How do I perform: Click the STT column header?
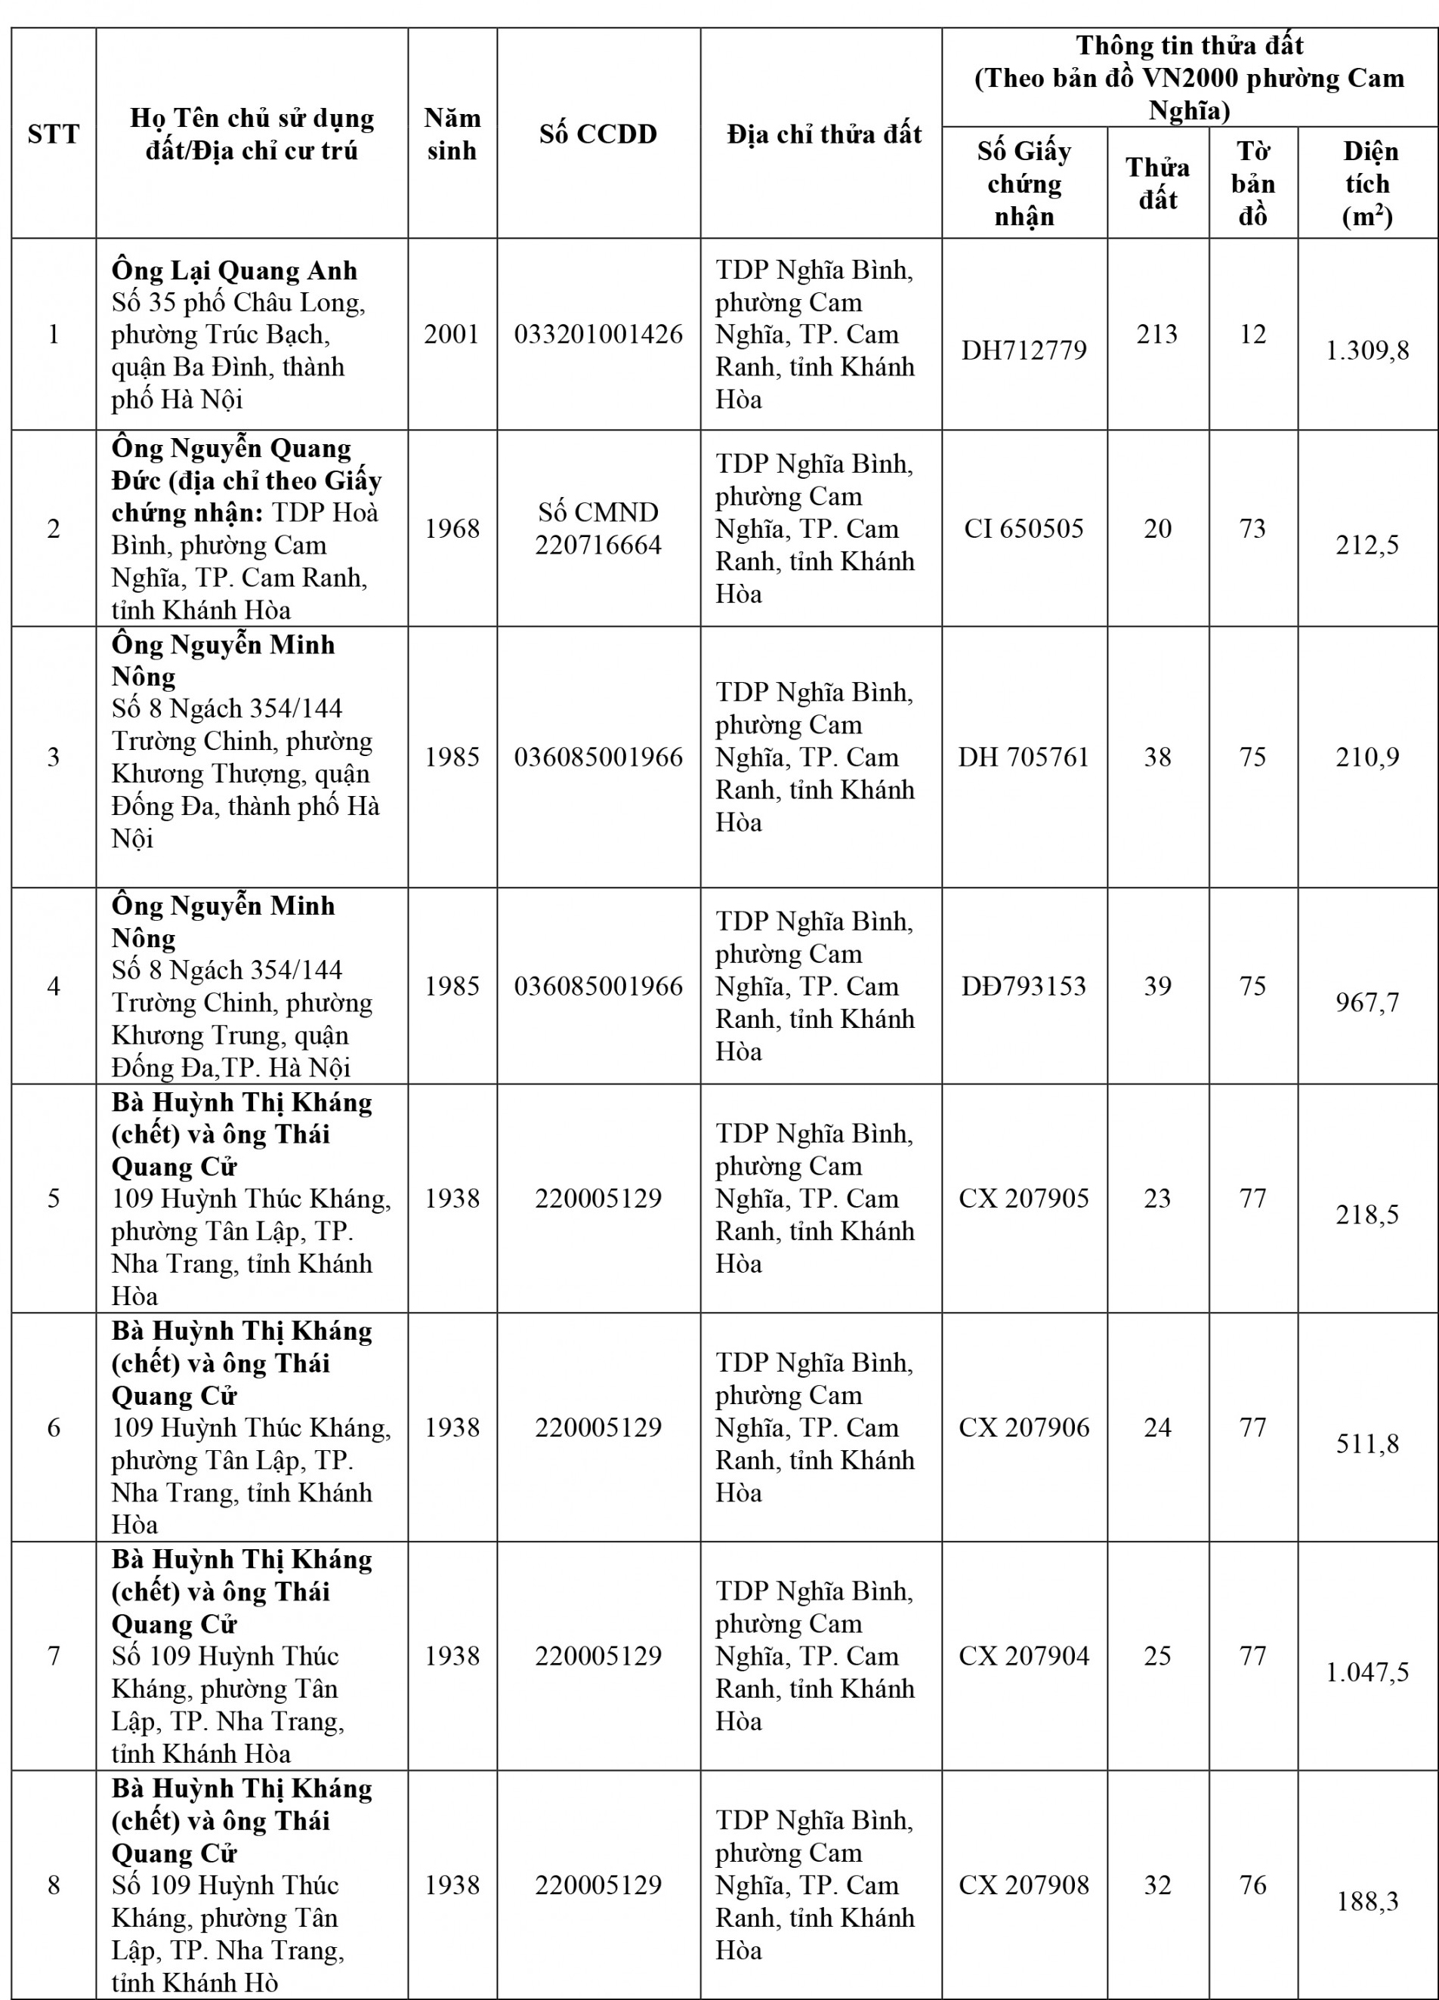tap(53, 134)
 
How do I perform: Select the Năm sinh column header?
tap(452, 134)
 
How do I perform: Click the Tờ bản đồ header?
tap(1252, 184)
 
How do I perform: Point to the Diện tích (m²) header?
tap(1367, 184)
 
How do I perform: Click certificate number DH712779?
tap(1024, 350)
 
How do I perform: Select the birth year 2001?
tap(452, 335)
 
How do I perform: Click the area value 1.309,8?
tap(1367, 351)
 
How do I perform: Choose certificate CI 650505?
tap(1024, 528)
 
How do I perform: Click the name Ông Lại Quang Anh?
tap(234, 270)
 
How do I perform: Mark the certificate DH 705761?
tap(1024, 757)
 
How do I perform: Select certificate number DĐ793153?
tap(1024, 986)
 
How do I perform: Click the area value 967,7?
tap(1367, 1003)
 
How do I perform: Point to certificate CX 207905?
tap(1024, 1198)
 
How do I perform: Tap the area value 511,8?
tap(1367, 1443)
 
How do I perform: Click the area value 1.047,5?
tap(1367, 1672)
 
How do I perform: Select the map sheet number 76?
tap(1252, 1884)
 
